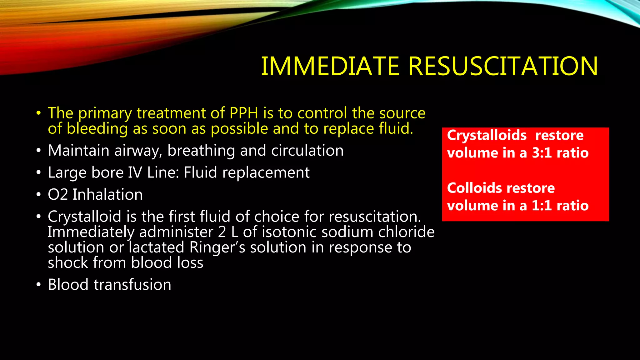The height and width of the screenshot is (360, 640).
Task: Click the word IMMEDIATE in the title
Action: (x=330, y=66)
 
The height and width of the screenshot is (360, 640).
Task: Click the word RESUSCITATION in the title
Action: (x=503, y=66)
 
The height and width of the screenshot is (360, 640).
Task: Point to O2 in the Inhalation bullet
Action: (x=58, y=194)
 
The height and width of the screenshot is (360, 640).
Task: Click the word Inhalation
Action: (x=107, y=194)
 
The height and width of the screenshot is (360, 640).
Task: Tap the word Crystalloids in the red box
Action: (x=487, y=136)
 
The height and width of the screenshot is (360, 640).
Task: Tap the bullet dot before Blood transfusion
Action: (x=38, y=285)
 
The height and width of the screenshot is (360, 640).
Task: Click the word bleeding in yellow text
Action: (x=97, y=129)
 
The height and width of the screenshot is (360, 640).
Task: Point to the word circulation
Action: (x=307, y=151)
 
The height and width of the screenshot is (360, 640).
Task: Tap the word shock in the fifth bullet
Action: (x=68, y=262)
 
